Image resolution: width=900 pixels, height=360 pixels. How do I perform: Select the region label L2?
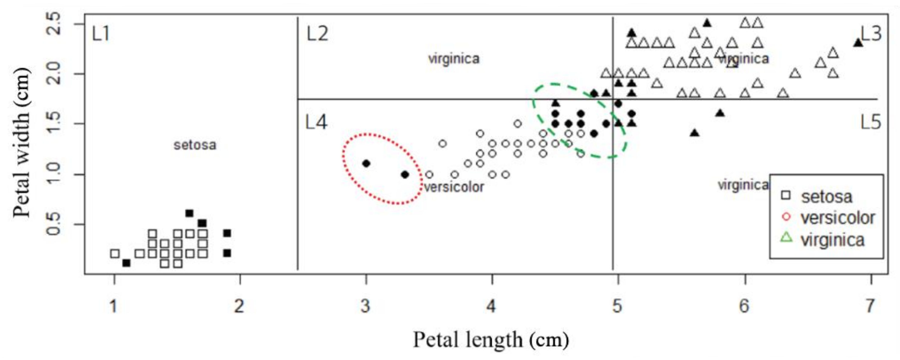(317, 34)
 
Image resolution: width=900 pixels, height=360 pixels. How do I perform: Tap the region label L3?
(871, 34)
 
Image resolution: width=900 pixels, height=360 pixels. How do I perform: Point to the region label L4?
(316, 123)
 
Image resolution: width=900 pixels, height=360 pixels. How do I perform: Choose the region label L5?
(871, 123)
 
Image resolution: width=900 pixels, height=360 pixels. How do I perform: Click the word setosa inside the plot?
(195, 145)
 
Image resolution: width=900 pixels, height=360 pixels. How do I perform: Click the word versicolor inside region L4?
(454, 187)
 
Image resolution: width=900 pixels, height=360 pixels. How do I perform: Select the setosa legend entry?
(826, 197)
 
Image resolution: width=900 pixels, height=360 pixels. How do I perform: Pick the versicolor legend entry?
(837, 218)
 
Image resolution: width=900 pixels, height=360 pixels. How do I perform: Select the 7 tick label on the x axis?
(871, 306)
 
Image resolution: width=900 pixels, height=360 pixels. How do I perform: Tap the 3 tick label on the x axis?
(365, 306)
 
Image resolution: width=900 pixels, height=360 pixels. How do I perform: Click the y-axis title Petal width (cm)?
(22, 143)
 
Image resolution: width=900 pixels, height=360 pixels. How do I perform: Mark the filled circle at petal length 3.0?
(366, 163)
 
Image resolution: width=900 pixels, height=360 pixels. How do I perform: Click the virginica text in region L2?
(454, 59)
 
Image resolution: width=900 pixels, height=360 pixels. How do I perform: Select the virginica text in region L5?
(743, 185)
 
